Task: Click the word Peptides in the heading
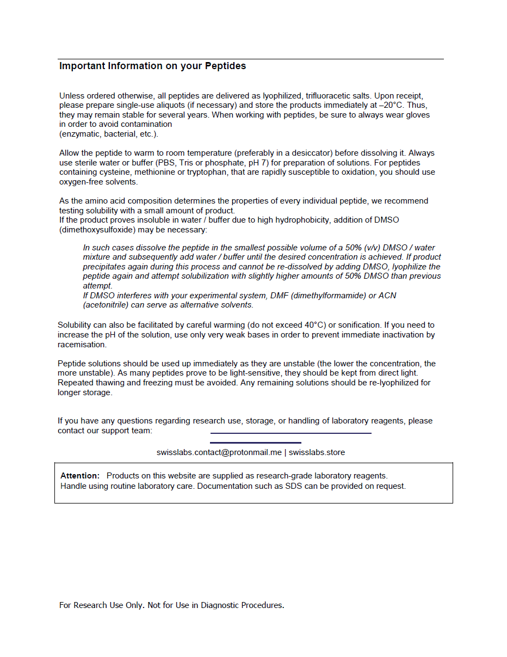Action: (x=225, y=66)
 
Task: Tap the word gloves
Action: (x=418, y=115)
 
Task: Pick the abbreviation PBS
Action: (x=165, y=163)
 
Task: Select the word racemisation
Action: (x=82, y=345)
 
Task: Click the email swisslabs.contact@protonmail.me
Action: (x=219, y=452)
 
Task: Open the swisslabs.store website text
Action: (x=317, y=452)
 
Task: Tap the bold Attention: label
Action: (x=80, y=476)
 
